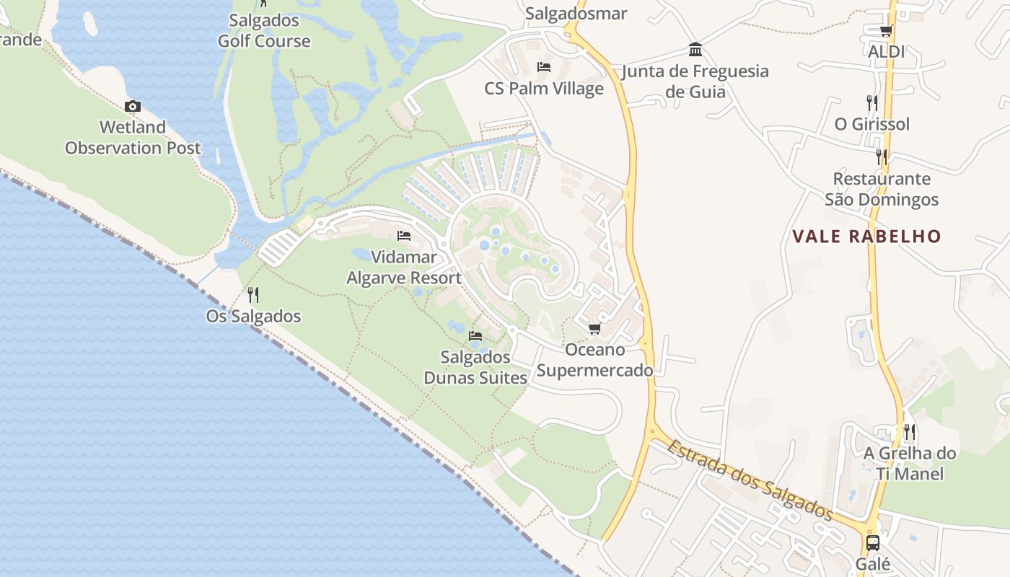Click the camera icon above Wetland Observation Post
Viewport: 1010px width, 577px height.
coord(132,107)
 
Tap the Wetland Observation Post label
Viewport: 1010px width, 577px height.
coord(133,138)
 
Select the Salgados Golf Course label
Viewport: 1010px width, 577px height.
coord(264,30)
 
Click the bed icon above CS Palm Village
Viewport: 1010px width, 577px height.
coord(544,67)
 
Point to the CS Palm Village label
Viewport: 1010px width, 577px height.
coord(544,89)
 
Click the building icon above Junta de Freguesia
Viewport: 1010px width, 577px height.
coord(695,50)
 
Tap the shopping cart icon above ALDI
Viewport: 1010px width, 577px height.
coord(886,31)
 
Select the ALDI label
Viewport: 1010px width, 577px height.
coord(886,52)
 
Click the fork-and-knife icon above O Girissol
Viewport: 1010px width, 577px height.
coord(872,103)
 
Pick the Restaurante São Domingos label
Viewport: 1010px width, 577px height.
coord(882,189)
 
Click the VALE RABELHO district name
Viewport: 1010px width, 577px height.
coord(866,237)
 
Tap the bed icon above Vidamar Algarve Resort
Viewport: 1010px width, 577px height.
coord(404,236)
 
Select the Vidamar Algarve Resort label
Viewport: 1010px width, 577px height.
coord(404,268)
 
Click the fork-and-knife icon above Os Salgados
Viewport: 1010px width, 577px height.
coord(253,295)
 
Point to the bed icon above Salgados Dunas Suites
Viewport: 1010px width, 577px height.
coord(475,336)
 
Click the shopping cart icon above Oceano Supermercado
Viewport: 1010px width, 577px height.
coord(594,329)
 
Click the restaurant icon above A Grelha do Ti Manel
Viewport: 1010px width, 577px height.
coord(910,432)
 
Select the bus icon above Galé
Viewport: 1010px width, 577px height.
coord(873,542)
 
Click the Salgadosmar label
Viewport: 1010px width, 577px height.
coord(576,14)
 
